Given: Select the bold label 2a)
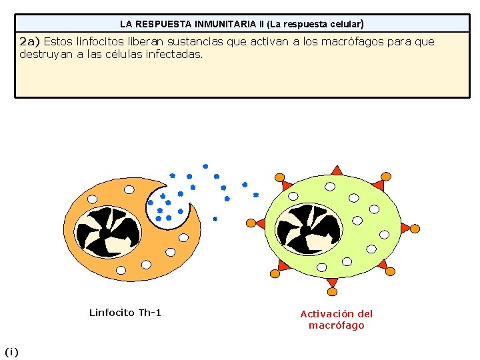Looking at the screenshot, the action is pyautogui.click(x=30, y=42).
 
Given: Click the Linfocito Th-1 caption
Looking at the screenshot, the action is pyautogui.click(x=125, y=313).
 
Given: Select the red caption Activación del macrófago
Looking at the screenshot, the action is pyautogui.click(x=337, y=319).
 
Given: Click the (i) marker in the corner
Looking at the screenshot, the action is pyautogui.click(x=12, y=351).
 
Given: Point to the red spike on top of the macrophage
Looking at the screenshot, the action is pyautogui.click(x=337, y=171).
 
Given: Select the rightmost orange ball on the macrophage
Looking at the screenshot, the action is pyautogui.click(x=415, y=229).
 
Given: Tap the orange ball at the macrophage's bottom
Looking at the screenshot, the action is pyautogui.click(x=332, y=292).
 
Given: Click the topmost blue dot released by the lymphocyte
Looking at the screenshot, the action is pyautogui.click(x=205, y=165).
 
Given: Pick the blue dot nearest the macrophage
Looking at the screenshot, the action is pyautogui.click(x=256, y=195).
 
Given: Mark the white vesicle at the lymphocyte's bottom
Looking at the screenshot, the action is pyautogui.click(x=121, y=270).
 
